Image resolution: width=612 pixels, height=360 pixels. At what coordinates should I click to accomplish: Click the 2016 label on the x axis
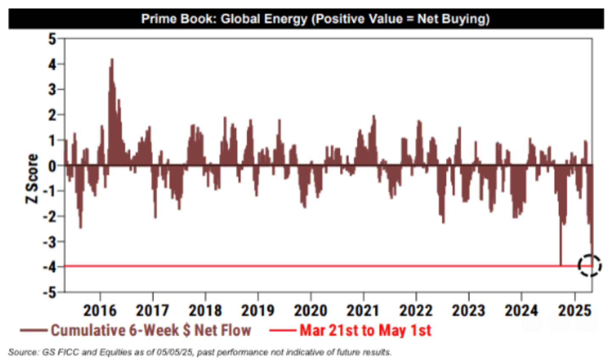click(x=100, y=310)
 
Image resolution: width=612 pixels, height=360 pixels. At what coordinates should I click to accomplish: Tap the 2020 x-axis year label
click(x=310, y=310)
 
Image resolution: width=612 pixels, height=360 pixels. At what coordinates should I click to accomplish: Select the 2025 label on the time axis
click(x=575, y=310)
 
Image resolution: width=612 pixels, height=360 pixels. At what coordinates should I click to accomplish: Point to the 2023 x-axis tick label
click(x=468, y=310)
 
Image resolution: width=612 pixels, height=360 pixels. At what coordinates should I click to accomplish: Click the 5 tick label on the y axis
click(x=52, y=39)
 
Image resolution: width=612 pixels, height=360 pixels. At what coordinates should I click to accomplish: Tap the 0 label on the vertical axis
click(x=52, y=166)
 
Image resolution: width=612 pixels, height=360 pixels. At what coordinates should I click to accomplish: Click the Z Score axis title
click(x=32, y=178)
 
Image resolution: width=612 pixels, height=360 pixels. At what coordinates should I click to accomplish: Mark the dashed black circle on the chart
click(x=589, y=265)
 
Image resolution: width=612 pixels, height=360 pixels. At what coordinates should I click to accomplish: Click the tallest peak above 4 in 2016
click(x=112, y=59)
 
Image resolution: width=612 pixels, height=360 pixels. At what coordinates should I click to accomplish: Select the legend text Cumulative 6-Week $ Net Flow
click(x=151, y=330)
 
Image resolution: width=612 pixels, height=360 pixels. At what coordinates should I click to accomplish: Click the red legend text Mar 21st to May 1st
click(x=365, y=330)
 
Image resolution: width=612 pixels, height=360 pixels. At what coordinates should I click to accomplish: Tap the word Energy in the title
click(x=286, y=19)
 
